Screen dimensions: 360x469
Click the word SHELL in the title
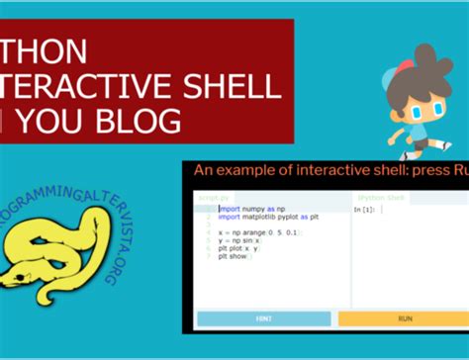(233, 85)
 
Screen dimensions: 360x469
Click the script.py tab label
(212, 199)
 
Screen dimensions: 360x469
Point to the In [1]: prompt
(364, 210)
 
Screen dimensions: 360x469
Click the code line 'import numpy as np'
(251, 210)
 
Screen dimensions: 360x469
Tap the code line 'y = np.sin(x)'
(243, 239)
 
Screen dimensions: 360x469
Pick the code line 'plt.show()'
(237, 255)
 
